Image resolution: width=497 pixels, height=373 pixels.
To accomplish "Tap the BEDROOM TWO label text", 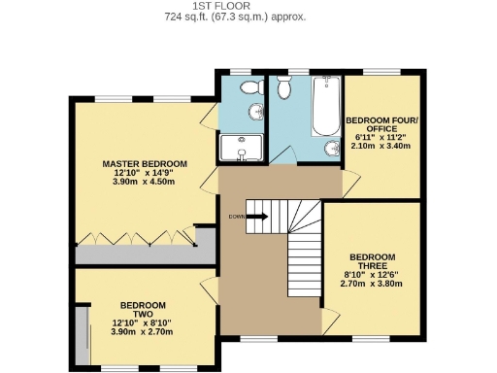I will point(142,308).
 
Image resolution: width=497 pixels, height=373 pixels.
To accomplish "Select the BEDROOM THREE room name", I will point(374,262).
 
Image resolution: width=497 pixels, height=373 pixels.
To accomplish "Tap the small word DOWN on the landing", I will point(236,217).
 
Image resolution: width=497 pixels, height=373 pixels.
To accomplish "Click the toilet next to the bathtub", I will point(283,89).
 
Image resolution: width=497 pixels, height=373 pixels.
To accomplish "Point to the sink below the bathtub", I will point(331,149).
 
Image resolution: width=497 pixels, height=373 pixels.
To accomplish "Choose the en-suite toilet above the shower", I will point(253,88).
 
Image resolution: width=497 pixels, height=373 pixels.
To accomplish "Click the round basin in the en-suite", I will point(257,111).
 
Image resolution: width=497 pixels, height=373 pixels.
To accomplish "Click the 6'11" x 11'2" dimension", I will point(380,137).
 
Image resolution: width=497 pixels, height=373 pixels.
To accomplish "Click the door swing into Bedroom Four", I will point(335,181).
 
